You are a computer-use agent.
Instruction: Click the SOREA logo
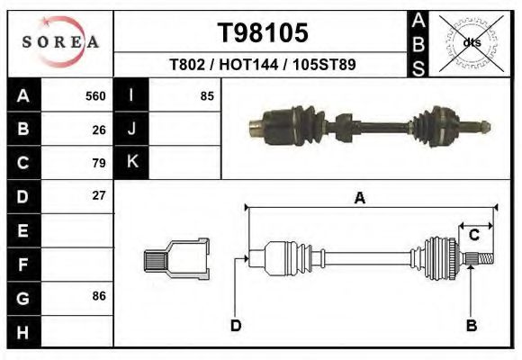pos(60,42)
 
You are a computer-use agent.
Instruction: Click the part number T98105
pos(263,32)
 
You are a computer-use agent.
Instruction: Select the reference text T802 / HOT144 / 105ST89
pos(263,66)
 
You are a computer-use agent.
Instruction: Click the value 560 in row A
pos(95,96)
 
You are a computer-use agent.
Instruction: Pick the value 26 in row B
pos(99,130)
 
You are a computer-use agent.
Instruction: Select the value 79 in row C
pos(99,163)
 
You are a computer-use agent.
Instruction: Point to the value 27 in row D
pos(99,196)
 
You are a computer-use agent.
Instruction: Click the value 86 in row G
pos(99,296)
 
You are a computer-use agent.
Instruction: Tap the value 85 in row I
pos(206,96)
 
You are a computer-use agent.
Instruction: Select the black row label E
pos(22,230)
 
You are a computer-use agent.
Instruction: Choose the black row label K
pos(131,162)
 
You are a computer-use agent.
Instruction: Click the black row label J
pos(131,130)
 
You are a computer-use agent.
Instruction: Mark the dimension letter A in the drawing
pos(359,199)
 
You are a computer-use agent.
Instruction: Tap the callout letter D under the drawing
pos(236,325)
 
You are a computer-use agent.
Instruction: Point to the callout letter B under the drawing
pos(470,325)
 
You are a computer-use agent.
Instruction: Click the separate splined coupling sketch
pos(177,258)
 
